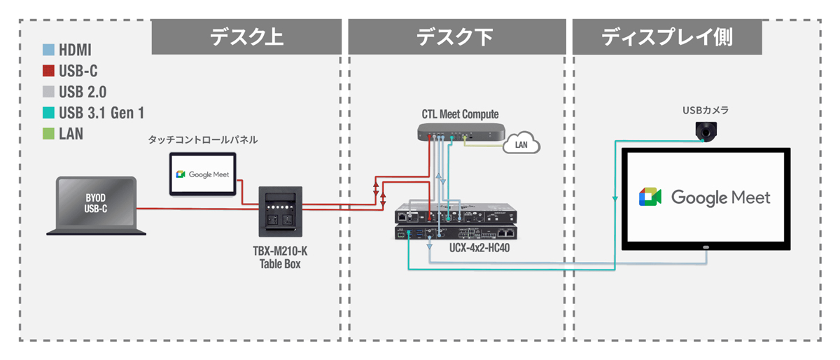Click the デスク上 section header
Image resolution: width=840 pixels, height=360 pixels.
[246, 37]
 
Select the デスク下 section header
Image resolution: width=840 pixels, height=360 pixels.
[456, 37]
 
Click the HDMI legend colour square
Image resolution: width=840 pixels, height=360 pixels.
[48, 50]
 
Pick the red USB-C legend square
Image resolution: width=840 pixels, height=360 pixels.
[48, 71]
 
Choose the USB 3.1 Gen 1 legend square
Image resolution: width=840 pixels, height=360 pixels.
[48, 112]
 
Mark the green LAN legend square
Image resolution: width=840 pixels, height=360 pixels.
[48, 133]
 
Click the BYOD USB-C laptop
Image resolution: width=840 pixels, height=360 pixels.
[97, 205]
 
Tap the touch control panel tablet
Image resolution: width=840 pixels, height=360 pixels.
[205, 174]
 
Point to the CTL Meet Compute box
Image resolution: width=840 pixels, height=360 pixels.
[460, 132]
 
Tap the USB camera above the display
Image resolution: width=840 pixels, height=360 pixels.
[706, 130]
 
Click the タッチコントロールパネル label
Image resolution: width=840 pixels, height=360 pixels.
[202, 140]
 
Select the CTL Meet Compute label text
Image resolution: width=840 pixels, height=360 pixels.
[460, 113]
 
